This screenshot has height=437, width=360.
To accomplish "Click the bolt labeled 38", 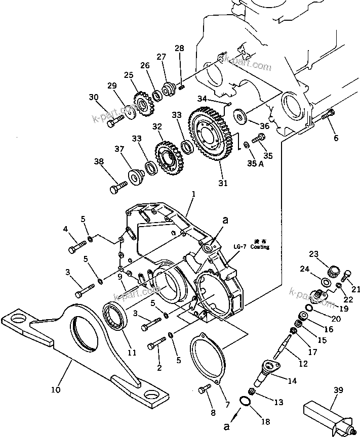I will pos(117,188).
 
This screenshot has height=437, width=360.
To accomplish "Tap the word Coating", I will pos(258,247).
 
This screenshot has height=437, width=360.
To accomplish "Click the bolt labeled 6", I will pos(327,116).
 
